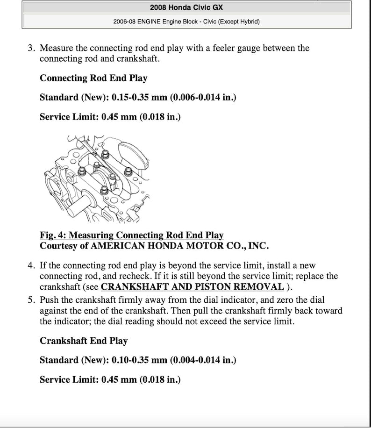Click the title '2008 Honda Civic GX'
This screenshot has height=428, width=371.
tap(186, 7)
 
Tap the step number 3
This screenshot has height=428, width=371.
tap(31, 48)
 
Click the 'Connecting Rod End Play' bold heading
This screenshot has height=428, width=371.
tap(93, 78)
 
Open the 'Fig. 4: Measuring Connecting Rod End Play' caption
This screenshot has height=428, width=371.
tap(132, 235)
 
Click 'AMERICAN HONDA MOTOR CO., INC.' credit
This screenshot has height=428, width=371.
tap(180, 245)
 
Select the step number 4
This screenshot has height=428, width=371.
tap(31, 266)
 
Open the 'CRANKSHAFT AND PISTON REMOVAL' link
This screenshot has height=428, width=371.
tap(192, 287)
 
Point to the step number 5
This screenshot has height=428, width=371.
tap(31, 300)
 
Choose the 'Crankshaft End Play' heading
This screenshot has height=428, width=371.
tap(84, 341)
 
